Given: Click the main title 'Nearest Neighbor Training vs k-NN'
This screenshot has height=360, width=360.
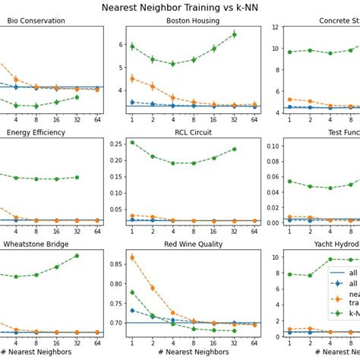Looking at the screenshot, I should tap(179, 8).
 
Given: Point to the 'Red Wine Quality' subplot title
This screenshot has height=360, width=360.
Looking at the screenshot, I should tap(193, 245).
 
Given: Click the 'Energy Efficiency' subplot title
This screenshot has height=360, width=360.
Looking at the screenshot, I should tap(36, 132).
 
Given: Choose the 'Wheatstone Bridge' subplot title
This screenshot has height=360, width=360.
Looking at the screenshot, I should tap(39, 245).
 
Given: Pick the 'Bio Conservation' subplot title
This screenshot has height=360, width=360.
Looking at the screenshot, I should tap(36, 21).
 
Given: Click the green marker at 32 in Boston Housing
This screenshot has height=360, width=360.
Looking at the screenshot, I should tap(234, 34).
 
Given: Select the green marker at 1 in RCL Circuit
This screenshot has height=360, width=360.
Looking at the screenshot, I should tap(132, 142).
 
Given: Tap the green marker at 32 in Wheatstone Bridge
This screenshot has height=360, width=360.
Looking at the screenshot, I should tap(77, 255).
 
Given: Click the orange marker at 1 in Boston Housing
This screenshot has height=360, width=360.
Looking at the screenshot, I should tap(132, 78).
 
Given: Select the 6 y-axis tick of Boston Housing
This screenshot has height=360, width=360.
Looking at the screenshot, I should tap(119, 45).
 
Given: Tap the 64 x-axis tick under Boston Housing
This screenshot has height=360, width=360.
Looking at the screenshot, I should tap(254, 119).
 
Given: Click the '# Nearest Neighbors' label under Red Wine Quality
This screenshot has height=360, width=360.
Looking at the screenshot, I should tap(193, 352).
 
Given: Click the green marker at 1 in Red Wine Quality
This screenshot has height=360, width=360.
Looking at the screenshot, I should tap(132, 292).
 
